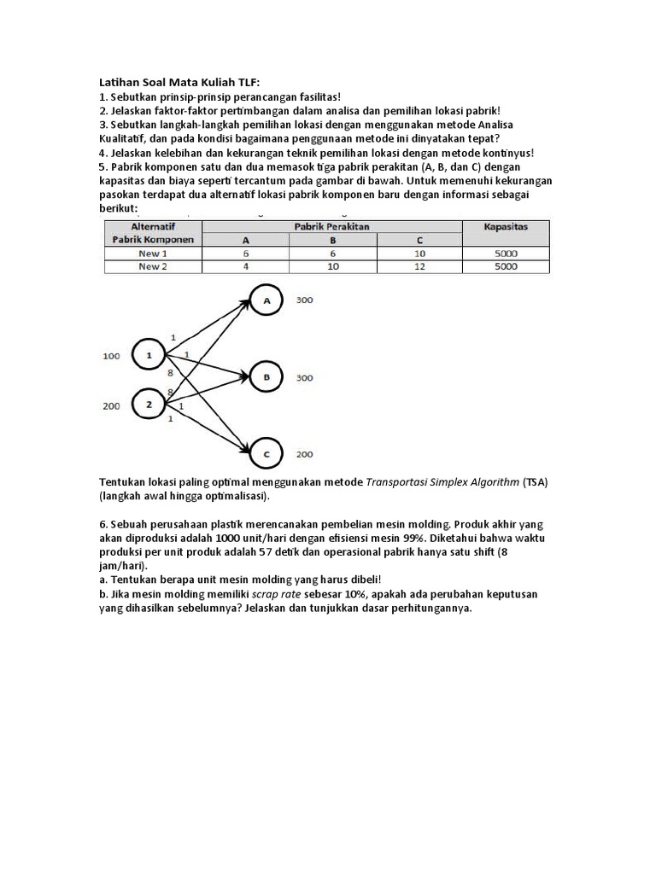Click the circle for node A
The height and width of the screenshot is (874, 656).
coord(267,301)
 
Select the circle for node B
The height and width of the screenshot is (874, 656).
coord(267,376)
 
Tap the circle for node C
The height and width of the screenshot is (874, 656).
coord(267,453)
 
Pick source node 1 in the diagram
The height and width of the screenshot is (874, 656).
coord(149,355)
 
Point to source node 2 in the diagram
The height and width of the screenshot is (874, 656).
coord(149,405)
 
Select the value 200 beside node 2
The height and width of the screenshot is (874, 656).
coord(112,406)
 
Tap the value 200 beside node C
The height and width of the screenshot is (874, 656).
coord(304,454)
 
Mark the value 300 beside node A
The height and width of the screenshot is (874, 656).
coord(304,301)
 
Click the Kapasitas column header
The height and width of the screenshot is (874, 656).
coord(505,227)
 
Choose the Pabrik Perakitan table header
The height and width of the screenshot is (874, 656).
coord(332,227)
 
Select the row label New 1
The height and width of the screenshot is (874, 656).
coord(153,253)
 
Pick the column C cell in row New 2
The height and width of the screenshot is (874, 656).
coord(419,266)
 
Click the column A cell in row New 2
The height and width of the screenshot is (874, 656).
coord(245,266)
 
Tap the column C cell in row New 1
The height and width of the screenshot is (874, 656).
coord(419,253)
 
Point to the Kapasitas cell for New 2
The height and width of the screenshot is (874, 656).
coord(505,266)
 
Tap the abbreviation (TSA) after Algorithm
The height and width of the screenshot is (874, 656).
coord(535,481)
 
